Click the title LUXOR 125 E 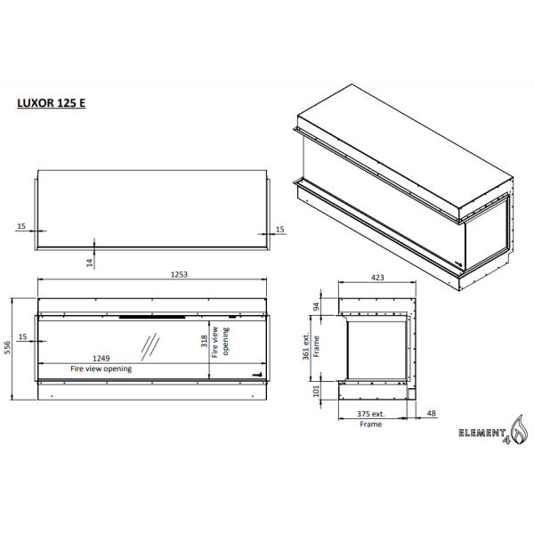pyautogui.click(x=52, y=102)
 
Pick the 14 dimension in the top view pyautogui.click(x=90, y=262)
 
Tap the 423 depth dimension pyautogui.click(x=377, y=278)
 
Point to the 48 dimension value pyautogui.click(x=432, y=414)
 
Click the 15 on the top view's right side pyautogui.click(x=280, y=229)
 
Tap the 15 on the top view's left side pyautogui.click(x=21, y=227)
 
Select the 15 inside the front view pyautogui.click(x=22, y=336)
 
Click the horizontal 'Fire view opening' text pyautogui.click(x=101, y=368)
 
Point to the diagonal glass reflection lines pyautogui.click(x=150, y=344)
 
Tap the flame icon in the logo pyautogui.click(x=516, y=431)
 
